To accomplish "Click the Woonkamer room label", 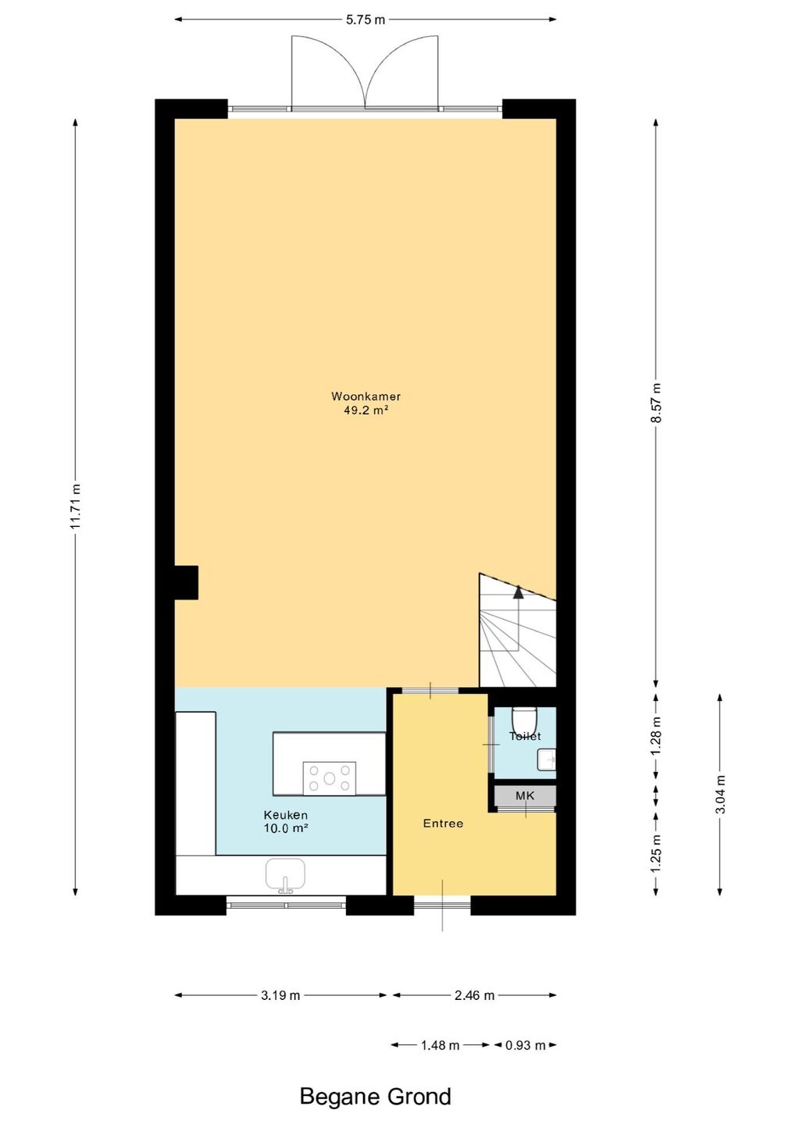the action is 365,397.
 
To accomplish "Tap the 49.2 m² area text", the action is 366,411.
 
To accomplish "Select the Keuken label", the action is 286,816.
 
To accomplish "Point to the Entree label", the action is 443,823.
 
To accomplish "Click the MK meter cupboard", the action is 525,795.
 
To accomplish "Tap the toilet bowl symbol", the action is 525,720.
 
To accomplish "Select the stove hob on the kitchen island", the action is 330,778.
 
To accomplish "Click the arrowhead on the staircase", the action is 519,592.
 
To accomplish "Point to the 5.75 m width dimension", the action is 365,20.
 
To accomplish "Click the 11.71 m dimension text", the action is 75,507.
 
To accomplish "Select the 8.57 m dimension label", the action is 656,403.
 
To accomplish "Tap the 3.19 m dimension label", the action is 280,995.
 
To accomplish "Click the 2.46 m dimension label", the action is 474,995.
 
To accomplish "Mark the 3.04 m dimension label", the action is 720,795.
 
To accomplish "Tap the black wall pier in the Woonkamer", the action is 186,582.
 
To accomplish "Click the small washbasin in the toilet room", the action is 547,760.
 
